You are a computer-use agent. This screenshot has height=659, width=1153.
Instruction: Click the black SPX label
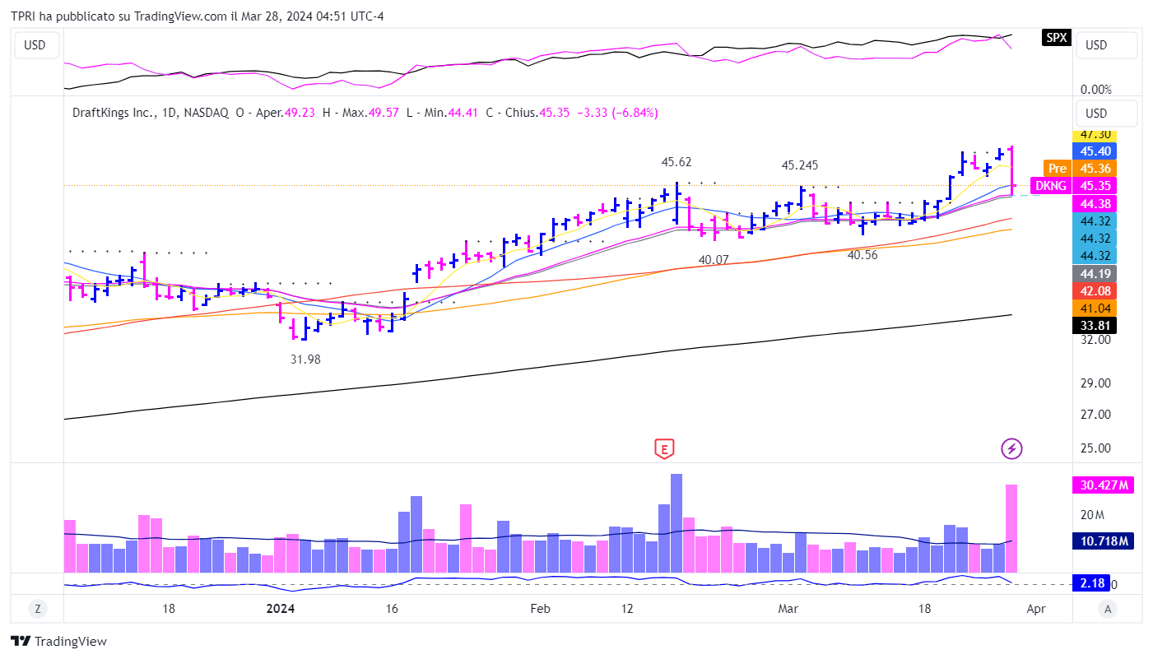[x=1056, y=37]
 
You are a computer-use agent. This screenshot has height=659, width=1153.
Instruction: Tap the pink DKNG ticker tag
[x=1049, y=186]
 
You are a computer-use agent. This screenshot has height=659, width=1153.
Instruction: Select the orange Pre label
[x=1058, y=168]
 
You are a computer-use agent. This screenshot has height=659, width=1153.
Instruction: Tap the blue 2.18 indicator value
[x=1092, y=583]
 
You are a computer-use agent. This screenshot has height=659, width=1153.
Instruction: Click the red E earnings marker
[x=664, y=448]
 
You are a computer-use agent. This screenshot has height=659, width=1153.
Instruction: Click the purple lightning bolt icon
[x=1011, y=448]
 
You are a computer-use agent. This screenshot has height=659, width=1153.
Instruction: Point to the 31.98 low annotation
[x=305, y=360]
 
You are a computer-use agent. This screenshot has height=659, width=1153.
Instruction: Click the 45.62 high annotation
[x=677, y=162]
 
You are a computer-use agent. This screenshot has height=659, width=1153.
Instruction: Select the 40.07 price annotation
[x=714, y=259]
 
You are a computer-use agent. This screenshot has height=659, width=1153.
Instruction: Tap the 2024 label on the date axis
[x=281, y=609]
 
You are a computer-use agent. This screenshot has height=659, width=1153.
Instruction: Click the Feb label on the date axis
[x=540, y=609]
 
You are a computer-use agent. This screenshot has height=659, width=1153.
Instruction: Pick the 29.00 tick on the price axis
[x=1095, y=383]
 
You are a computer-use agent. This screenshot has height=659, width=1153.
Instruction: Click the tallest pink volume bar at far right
[x=1011, y=528]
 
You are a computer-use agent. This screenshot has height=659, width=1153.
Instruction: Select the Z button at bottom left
[x=37, y=609]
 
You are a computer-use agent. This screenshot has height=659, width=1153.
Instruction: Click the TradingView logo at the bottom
[x=58, y=642]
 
